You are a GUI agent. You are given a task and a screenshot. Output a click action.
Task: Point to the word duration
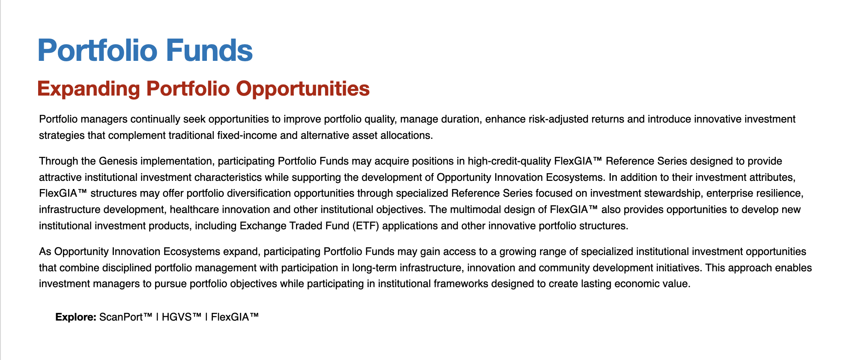coord(460,119)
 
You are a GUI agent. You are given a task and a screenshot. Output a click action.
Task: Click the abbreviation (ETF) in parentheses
coord(366,226)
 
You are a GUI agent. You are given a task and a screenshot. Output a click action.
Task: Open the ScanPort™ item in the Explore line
coord(126,317)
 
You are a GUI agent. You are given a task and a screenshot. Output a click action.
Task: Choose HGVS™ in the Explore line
coord(182,317)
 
